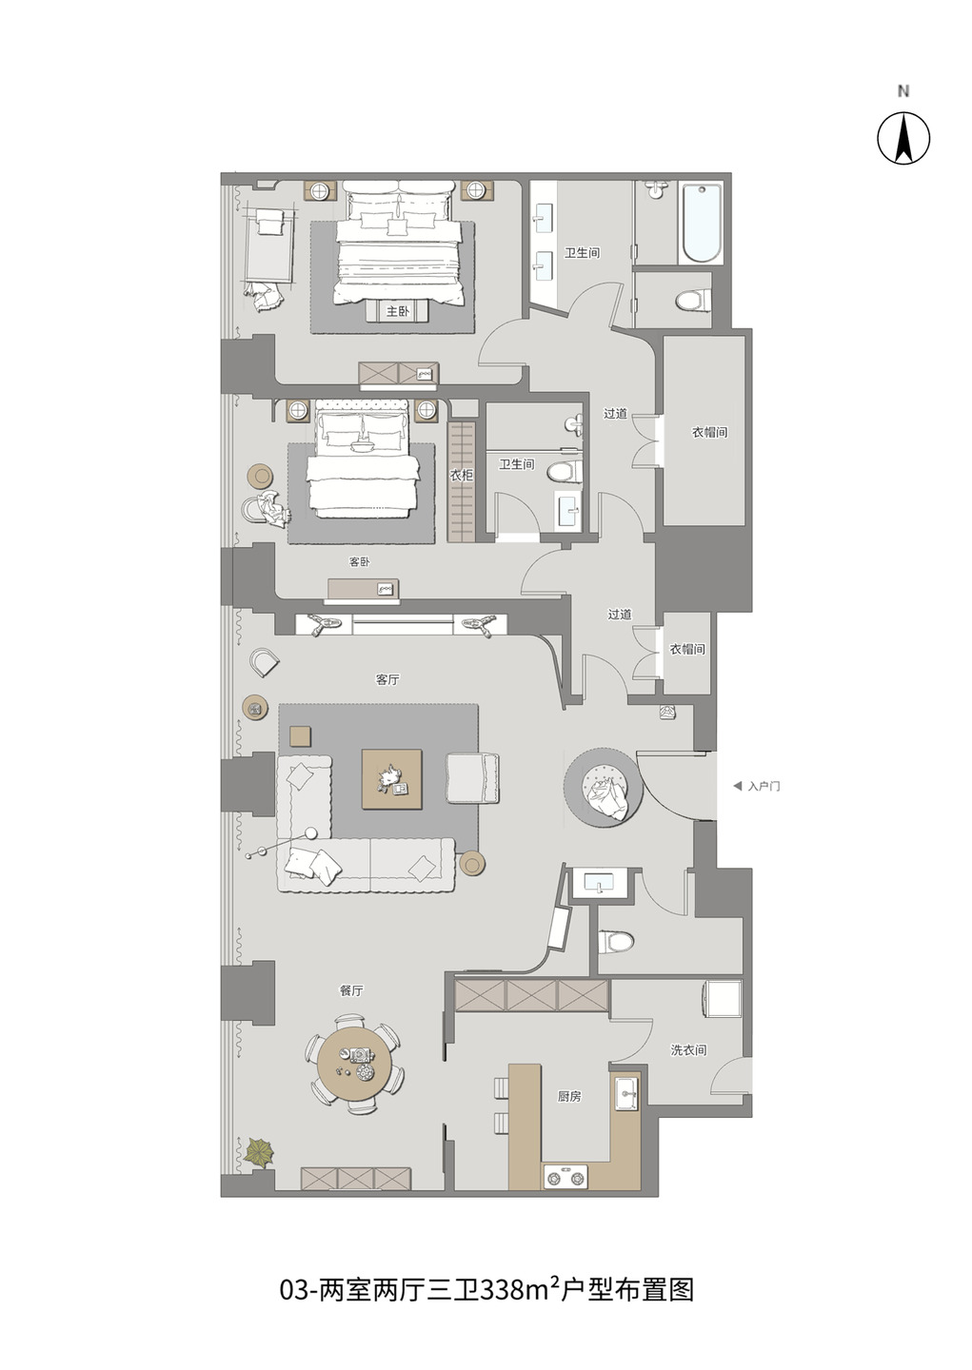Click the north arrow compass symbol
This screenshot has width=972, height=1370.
tap(903, 138)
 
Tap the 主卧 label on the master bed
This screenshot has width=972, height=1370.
tap(397, 311)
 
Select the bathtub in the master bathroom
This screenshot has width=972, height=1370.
tap(701, 224)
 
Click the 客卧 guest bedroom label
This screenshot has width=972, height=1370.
tap(359, 561)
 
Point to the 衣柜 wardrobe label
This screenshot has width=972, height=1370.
tap(462, 474)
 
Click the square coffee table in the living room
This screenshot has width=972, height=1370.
tap(391, 779)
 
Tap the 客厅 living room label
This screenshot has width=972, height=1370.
tap(387, 679)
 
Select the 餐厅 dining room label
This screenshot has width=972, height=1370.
tap(351, 990)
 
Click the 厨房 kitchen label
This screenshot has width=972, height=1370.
tap(569, 1097)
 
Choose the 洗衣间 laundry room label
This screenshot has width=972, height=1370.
tap(688, 1050)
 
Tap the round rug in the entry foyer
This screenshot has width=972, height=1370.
tap(604, 789)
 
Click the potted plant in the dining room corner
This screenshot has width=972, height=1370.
tap(259, 1151)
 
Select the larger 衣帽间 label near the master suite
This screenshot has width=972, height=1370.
tap(710, 432)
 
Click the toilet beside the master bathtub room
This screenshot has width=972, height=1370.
tap(693, 301)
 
